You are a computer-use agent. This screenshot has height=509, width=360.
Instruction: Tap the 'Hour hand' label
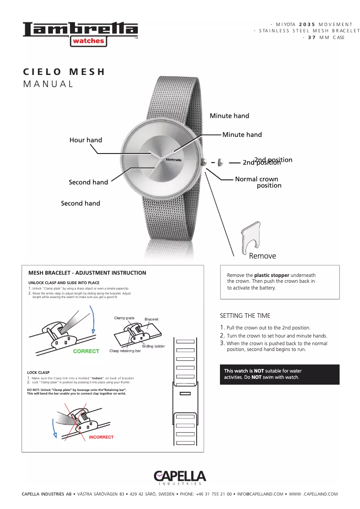pos(86,140)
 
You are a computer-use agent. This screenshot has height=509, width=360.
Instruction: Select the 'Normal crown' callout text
pos(256,179)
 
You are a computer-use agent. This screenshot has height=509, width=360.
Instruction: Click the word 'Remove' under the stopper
pos(263,256)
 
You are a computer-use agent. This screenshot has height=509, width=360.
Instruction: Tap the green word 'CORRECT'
pos(86,351)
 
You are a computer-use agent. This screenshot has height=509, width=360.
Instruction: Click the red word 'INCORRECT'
pos(101,437)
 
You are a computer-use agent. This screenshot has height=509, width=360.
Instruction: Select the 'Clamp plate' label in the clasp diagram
pos(124,318)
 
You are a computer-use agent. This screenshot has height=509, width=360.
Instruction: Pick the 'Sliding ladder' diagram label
pos(154,346)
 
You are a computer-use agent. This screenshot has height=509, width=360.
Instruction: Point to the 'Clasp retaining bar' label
pos(125,351)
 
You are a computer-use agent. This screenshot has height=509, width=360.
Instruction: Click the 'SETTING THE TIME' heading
pos(245,316)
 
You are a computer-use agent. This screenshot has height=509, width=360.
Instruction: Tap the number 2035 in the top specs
pos(307,24)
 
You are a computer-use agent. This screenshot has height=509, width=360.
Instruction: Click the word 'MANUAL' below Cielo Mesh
pos(48,84)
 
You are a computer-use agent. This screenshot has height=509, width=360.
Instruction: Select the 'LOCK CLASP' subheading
pos(38,373)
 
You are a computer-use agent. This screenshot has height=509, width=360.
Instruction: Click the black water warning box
pos(279,374)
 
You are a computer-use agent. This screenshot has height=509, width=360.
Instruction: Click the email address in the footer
pos(260,494)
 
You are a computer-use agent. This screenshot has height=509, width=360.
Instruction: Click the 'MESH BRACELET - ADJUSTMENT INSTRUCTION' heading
pos(87,273)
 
